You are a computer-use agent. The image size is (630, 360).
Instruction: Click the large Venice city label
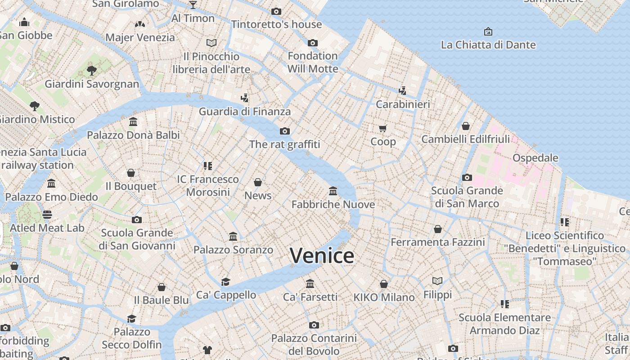[x=322, y=256]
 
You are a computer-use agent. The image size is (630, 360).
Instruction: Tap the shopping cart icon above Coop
[x=383, y=129]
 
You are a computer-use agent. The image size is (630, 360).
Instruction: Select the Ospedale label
[x=535, y=158]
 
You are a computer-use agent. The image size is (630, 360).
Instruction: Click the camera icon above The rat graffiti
[x=284, y=131]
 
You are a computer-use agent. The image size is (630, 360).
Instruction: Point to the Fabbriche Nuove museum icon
[x=333, y=191]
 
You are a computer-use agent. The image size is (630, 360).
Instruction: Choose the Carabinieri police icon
[x=403, y=90]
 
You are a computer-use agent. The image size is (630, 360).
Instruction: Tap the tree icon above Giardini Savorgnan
[x=92, y=70]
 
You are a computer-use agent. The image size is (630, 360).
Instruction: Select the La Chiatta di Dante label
[x=488, y=45]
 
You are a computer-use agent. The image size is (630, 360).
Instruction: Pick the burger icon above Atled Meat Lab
[x=47, y=214]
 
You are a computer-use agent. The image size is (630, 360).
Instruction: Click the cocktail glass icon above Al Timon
[x=193, y=5]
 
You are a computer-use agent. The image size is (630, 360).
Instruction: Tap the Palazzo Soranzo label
[x=233, y=250]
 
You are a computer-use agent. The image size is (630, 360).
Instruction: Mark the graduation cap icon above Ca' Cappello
[x=226, y=282]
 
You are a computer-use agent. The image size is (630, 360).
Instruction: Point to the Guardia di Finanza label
[x=245, y=111]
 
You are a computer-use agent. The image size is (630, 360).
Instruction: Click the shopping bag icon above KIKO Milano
[x=384, y=284]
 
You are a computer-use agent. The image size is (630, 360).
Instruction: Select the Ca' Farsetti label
[x=310, y=297]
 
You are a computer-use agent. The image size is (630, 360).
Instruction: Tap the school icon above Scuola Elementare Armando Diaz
[x=505, y=304]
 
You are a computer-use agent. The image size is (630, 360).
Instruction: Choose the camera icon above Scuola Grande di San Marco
[x=467, y=177]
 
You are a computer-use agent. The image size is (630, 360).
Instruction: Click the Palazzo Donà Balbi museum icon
[x=133, y=121]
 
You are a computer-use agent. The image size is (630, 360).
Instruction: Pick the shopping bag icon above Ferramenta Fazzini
[x=438, y=229]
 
